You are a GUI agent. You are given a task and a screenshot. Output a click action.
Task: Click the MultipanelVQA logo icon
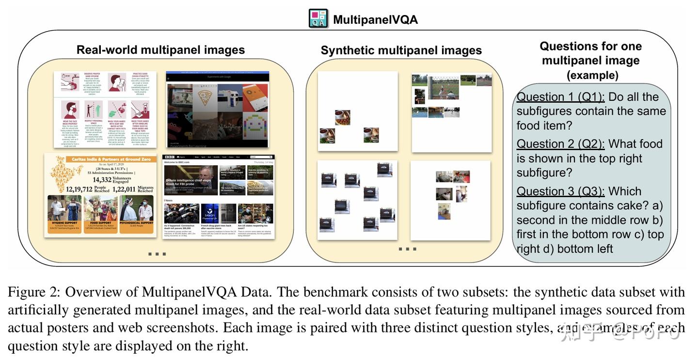(x=318, y=18)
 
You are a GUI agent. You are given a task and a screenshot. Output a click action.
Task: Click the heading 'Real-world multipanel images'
(x=160, y=50)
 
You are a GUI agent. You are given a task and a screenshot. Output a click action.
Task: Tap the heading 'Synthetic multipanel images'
(x=401, y=50)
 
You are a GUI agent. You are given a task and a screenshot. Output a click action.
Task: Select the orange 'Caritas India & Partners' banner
(x=100, y=159)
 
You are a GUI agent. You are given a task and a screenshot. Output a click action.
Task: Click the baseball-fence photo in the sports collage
(x=443, y=87)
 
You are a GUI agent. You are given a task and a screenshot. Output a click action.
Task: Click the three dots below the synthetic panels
(x=407, y=249)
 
